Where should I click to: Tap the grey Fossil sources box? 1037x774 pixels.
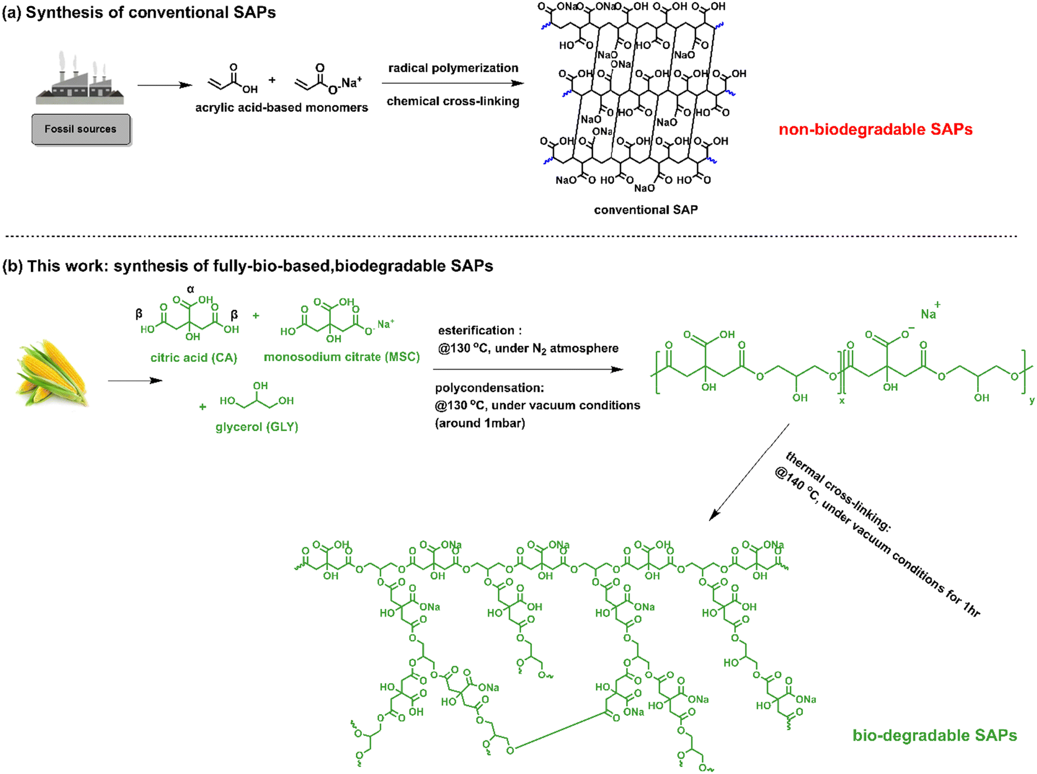click(81, 129)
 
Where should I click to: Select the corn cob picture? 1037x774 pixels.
click(52, 372)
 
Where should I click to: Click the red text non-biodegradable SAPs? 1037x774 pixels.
click(875, 129)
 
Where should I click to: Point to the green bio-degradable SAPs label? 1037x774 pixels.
click(935, 735)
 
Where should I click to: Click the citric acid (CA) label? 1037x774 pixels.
click(194, 357)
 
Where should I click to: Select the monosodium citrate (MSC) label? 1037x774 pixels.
click(342, 357)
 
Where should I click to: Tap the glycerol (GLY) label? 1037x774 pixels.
click(256, 427)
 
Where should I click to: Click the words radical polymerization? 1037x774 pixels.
click(453, 68)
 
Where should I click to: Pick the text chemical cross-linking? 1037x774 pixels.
click(453, 101)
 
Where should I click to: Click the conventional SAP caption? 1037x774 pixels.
click(646, 210)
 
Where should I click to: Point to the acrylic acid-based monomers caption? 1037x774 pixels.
click(282, 108)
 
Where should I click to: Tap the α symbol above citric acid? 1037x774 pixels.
click(190, 290)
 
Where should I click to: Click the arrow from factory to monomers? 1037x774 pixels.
click(165, 85)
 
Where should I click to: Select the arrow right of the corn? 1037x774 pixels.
click(135, 381)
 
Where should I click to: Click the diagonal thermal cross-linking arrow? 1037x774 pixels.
click(749, 472)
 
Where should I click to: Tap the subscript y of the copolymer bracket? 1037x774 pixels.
click(1031, 401)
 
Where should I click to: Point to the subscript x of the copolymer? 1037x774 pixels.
click(842, 401)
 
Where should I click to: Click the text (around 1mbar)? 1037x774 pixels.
click(480, 423)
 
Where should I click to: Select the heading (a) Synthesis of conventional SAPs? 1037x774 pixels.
click(139, 12)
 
